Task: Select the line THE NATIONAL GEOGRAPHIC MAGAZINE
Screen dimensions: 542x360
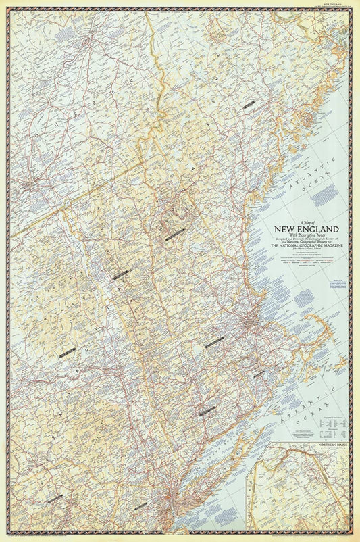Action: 301,245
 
